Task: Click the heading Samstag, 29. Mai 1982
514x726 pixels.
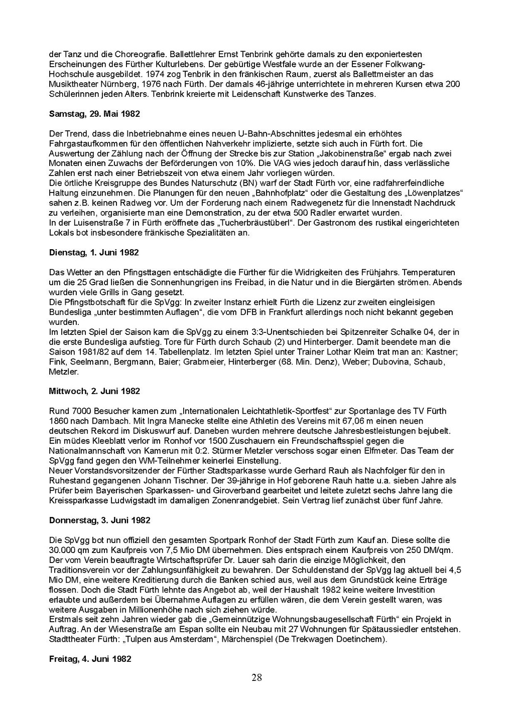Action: click(x=94, y=114)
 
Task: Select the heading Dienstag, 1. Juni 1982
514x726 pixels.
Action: click(x=94, y=253)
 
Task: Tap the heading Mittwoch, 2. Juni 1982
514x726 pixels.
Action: click(x=94, y=391)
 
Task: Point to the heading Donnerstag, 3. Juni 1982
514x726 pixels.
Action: click(x=99, y=520)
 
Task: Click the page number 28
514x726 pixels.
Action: click(x=256, y=678)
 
